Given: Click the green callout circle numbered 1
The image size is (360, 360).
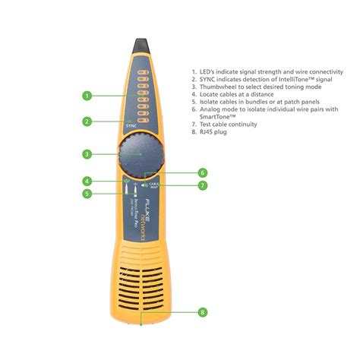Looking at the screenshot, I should click(87, 96).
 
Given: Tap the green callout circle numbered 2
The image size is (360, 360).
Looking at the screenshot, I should click(87, 121).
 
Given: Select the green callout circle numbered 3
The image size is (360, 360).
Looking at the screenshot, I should click(87, 153).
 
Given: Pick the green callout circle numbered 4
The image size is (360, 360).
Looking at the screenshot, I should click(87, 182).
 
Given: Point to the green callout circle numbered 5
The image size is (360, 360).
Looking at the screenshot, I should click(87, 194).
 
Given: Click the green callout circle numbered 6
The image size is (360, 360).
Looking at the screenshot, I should click(202, 172).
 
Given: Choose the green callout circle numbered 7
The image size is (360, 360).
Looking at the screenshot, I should click(202, 185).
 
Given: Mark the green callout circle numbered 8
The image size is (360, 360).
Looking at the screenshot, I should click(202, 312).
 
